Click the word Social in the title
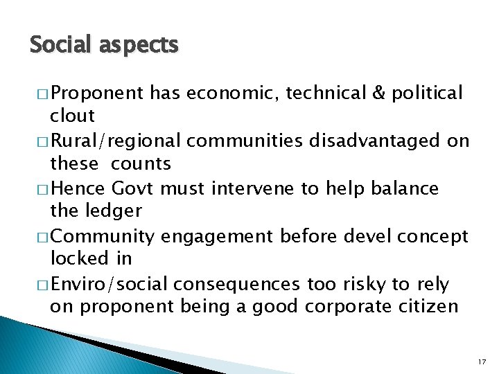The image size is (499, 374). point(60,45)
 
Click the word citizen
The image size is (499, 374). point(428,307)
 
